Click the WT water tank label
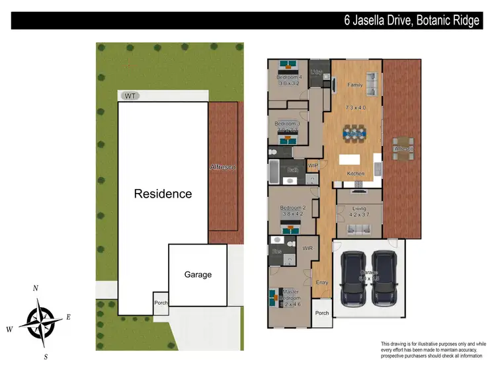[130, 96]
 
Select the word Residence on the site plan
[163, 194]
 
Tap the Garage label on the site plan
[198, 274]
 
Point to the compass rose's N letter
[36, 288]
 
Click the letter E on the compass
[67, 316]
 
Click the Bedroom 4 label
[289, 77]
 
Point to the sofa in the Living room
[359, 229]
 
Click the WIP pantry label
[313, 165]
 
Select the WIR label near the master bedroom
[308, 248]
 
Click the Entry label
[322, 282]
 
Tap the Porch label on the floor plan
[322, 313]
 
